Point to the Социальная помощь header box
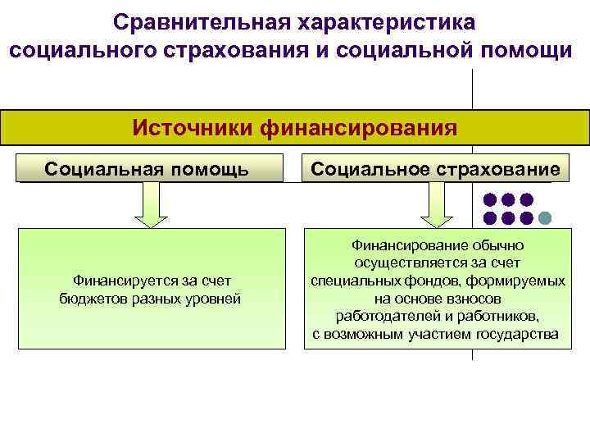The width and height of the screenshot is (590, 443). [147, 170]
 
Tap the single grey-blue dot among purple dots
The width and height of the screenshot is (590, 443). [546, 218]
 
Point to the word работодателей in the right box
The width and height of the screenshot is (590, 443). [375, 317]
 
